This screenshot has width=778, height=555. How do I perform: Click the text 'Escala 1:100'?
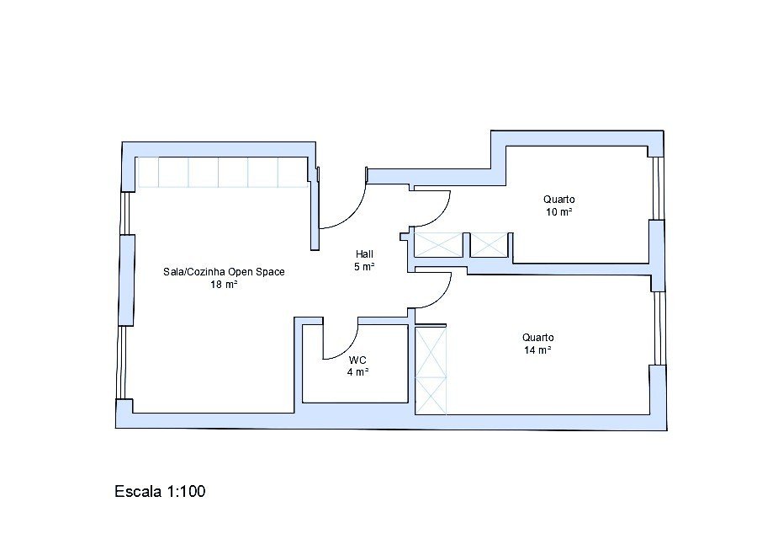(160, 491)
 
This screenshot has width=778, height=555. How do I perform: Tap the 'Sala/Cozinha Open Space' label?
(224, 272)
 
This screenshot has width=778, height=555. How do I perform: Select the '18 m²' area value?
(224, 285)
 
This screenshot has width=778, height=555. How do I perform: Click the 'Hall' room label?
(364, 254)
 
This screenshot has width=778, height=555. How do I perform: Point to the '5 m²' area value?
(364, 267)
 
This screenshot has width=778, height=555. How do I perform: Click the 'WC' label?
(357, 360)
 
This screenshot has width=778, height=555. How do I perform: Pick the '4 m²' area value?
(357, 372)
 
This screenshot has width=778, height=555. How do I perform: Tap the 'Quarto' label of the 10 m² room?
(559, 200)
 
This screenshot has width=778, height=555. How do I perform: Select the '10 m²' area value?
(559, 212)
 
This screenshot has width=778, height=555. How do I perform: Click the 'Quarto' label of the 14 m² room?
(537, 338)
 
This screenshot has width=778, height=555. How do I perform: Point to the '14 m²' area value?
(537, 350)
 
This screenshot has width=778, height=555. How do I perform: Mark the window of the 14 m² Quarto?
(659, 328)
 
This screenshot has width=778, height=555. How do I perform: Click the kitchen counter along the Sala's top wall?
(222, 172)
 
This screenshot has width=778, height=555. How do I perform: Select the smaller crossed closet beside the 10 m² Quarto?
(490, 245)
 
